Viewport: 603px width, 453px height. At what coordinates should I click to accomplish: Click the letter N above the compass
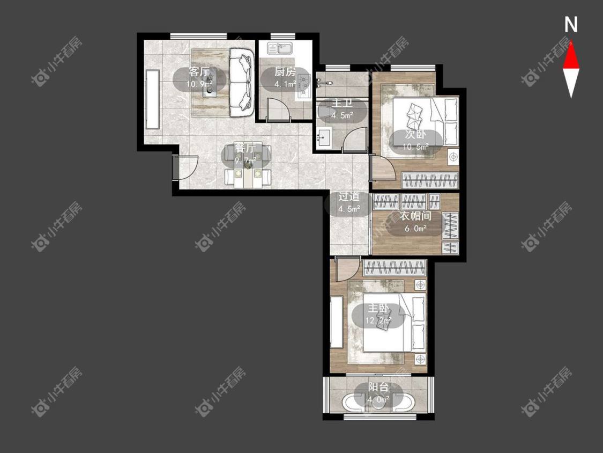[571, 25]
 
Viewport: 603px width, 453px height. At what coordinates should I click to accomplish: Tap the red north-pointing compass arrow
[571, 55]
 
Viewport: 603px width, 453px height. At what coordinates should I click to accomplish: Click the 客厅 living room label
[199, 72]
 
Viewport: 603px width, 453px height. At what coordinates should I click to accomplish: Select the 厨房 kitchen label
[285, 72]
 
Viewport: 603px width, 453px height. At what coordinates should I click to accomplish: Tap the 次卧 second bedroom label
[416, 135]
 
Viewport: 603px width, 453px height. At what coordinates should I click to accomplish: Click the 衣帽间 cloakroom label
[416, 216]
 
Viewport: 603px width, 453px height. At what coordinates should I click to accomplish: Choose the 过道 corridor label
[349, 196]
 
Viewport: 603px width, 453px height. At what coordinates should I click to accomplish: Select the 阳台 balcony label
[378, 388]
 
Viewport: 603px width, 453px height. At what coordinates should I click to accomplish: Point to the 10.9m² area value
[199, 84]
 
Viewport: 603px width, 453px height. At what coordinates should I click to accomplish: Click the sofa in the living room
[242, 83]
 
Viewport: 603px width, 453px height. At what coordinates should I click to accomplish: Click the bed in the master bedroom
[394, 322]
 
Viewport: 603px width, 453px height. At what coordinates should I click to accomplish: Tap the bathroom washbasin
[324, 137]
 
